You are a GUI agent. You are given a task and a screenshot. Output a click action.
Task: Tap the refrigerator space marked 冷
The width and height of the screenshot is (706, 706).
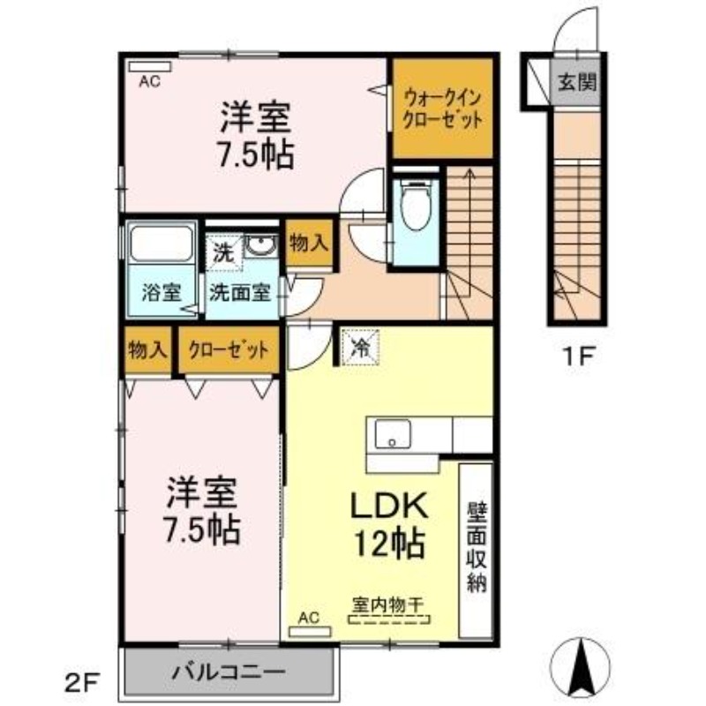click(x=361, y=345)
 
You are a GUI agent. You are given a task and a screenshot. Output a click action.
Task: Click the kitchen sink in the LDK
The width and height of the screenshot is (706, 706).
click(x=391, y=434)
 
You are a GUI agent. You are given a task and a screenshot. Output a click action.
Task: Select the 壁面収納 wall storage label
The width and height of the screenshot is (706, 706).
click(x=476, y=548)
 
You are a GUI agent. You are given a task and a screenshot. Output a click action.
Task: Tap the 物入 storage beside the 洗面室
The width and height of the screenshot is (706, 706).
click(x=308, y=244)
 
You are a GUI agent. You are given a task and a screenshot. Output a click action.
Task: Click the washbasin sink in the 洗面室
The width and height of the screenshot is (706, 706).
click(x=259, y=247)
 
